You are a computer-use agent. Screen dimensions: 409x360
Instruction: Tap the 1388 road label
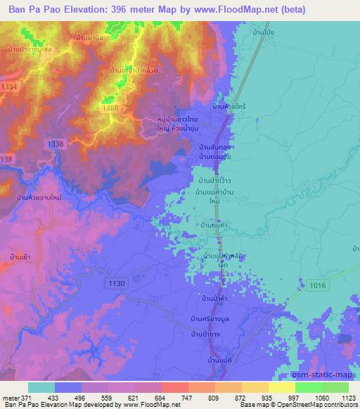110,108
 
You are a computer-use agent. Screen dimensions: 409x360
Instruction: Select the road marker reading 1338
55,143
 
